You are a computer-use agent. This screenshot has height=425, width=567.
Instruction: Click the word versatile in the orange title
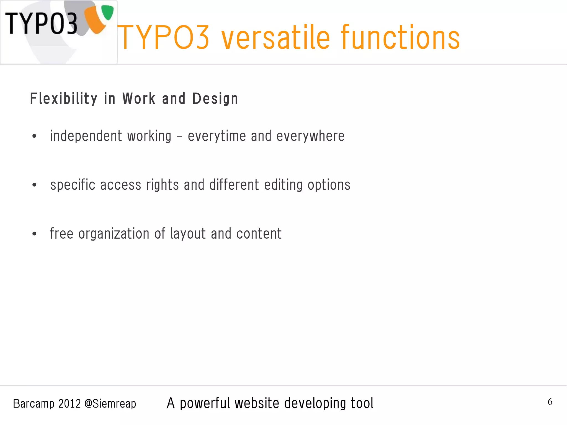pyautogui.click(x=275, y=38)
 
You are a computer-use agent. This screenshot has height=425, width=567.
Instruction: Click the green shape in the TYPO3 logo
pyautogui.click(x=107, y=12)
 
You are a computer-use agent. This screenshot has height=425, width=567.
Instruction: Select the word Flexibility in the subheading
pyautogui.click(x=63, y=99)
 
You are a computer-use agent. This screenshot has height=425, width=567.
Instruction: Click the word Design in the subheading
pyautogui.click(x=215, y=99)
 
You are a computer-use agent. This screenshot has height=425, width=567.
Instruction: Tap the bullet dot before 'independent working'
pyautogui.click(x=34, y=136)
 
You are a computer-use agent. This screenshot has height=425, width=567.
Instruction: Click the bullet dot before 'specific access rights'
pyautogui.click(x=34, y=185)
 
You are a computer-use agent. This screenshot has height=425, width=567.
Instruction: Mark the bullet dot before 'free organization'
pyautogui.click(x=34, y=234)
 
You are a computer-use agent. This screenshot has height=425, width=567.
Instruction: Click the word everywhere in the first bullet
pyautogui.click(x=310, y=136)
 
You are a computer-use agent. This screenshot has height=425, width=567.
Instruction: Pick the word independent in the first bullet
pyautogui.click(x=86, y=136)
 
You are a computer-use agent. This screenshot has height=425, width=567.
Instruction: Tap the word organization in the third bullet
pyautogui.click(x=114, y=234)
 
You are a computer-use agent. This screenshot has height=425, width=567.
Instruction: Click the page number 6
pyautogui.click(x=550, y=402)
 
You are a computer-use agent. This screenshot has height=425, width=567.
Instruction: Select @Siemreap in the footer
pyautogui.click(x=110, y=404)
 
